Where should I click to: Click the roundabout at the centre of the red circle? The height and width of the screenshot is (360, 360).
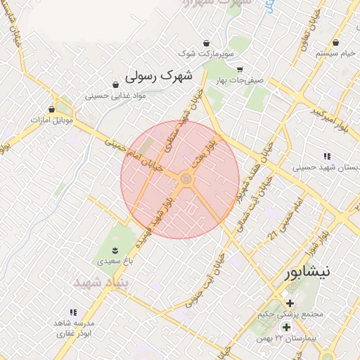coord(186,180)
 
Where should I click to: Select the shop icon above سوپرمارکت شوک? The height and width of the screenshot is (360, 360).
coord(206,43)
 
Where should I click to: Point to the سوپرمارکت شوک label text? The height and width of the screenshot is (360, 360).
coord(205,53)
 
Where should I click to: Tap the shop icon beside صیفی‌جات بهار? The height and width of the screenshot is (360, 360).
coord(240,70)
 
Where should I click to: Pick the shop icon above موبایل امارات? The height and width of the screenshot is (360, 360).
coord(51,109)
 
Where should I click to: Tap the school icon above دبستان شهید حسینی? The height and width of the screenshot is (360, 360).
coord(327,156)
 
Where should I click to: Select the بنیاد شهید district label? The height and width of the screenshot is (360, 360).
coord(98,281)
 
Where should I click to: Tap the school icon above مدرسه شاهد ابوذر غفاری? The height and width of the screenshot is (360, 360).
coord(73,312)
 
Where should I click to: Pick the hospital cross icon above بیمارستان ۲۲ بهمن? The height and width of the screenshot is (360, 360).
coord(286,328)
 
